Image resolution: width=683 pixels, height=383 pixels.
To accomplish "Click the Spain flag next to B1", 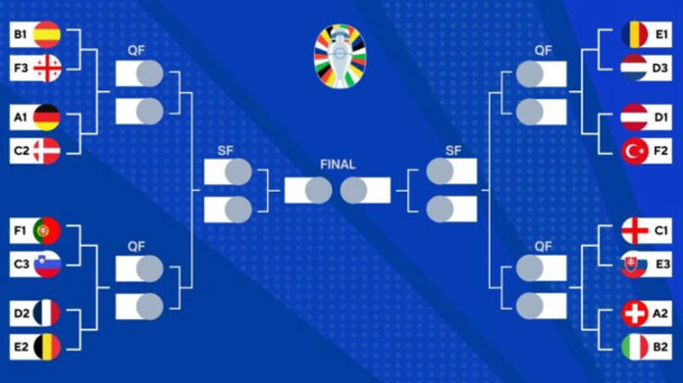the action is tap(47, 34).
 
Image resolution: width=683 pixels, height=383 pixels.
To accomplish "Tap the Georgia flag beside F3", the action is tap(47, 69).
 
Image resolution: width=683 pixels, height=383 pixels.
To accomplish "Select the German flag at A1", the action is tap(47, 118).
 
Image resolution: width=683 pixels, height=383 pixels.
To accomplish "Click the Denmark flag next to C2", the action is tap(47, 151).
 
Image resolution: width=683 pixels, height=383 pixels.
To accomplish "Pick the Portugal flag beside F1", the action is tap(47, 230).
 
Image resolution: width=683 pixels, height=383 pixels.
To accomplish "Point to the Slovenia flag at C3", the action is tap(47, 264).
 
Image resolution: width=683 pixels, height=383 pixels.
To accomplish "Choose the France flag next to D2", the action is tap(47, 313).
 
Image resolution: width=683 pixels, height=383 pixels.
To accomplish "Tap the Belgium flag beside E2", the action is tap(47, 347).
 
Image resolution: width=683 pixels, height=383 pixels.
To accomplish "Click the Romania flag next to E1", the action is tap(634, 34).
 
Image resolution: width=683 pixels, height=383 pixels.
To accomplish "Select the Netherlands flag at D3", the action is tap(634, 68).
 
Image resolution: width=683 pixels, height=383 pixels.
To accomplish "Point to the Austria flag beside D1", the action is tap(634, 118).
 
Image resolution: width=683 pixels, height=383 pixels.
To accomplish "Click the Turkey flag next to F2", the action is tap(634, 151).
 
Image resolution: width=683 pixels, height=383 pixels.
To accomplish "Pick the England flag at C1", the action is tap(634, 230).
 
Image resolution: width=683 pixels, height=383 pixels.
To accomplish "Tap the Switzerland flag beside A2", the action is tap(634, 313).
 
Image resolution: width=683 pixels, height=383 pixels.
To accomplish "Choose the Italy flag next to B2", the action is tap(634, 347).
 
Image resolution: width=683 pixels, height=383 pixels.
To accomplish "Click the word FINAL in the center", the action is tap(338, 165).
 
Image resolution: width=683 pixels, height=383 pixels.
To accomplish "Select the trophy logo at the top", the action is tap(341, 57).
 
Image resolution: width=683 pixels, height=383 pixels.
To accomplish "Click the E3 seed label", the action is tap(662, 263).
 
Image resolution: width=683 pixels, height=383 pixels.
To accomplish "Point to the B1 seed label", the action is tap(21, 34).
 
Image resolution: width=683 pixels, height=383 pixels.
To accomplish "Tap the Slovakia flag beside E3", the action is tap(634, 264).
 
